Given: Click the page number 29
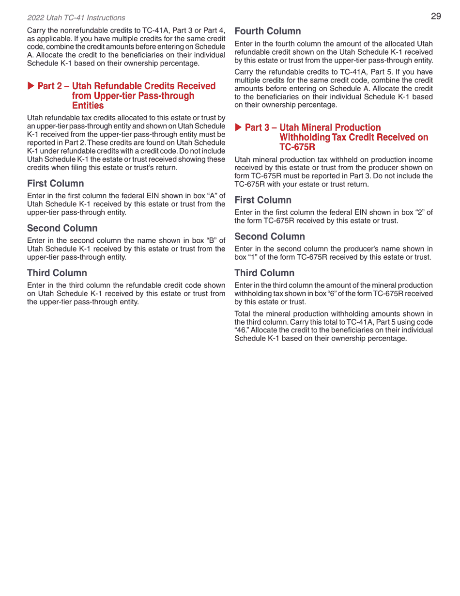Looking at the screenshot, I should [x=436, y=16].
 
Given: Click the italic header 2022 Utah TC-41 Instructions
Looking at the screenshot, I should [x=76, y=18].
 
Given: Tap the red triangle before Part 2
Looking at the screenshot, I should [x=31, y=86].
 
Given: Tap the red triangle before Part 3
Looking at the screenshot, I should [x=238, y=127].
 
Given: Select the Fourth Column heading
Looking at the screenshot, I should [x=267, y=31].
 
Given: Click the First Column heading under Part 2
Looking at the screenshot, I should [x=55, y=183].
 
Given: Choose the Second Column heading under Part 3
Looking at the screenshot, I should [x=269, y=236].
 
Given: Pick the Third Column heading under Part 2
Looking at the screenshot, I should [x=57, y=273].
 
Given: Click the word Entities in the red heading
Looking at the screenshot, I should [x=88, y=106].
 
